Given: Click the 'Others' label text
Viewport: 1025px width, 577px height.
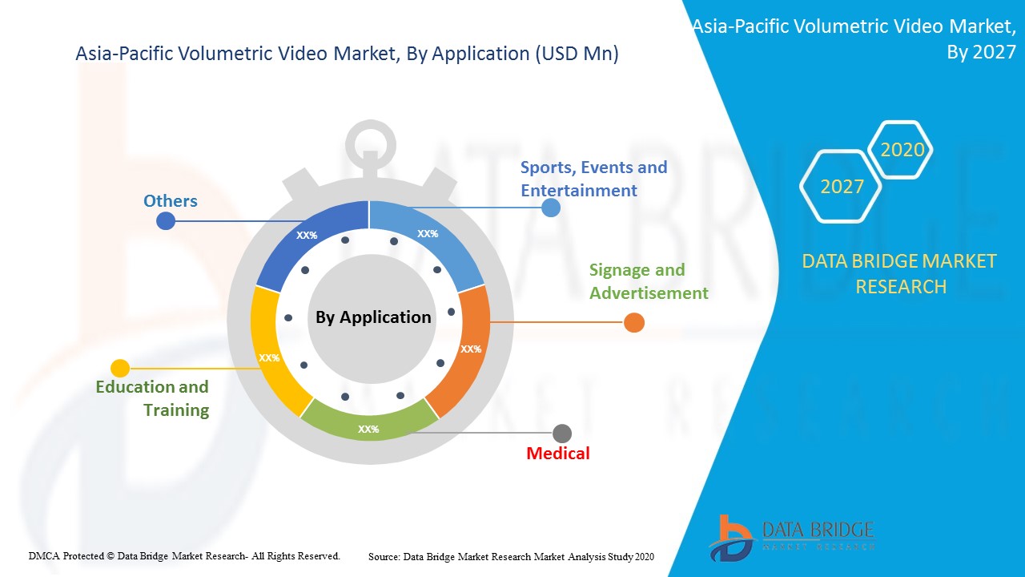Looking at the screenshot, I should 170,200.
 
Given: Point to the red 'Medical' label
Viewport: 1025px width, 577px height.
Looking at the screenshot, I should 557,454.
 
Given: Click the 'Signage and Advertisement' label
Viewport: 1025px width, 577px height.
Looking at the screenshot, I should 649,281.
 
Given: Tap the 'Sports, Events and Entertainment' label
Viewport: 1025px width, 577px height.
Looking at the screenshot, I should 593,179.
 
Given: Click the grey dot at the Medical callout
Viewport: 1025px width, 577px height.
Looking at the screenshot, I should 562,434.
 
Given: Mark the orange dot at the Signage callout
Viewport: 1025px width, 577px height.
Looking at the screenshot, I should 633,322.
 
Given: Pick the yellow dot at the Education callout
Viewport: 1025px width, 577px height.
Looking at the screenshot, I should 120,369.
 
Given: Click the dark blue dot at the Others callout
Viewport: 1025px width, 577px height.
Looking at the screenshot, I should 166,220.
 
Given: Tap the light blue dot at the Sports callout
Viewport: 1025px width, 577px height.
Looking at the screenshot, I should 551,208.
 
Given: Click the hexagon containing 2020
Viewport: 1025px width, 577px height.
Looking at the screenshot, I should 902,150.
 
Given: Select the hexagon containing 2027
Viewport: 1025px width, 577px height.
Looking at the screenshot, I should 842,187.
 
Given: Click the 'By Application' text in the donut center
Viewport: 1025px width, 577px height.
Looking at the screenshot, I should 373,317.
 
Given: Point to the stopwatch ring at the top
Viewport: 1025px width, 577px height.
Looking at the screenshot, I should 370,143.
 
